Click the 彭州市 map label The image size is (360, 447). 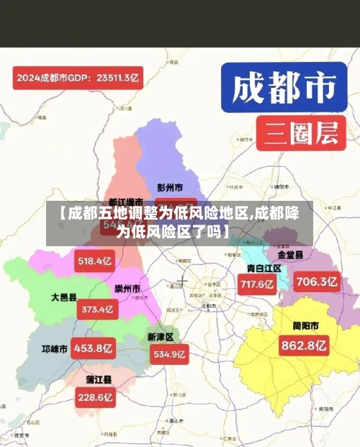[x=170, y=188]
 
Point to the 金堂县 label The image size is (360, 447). [x=290, y=255]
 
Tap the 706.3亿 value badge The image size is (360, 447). [x=318, y=281]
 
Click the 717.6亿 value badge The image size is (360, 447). [x=258, y=284]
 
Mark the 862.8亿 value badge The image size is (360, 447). [x=303, y=346]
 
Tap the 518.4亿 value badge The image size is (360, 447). [x=95, y=261]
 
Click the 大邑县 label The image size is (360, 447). [x=63, y=297]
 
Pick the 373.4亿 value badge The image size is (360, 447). [x=97, y=310]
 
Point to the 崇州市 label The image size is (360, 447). [x=127, y=289]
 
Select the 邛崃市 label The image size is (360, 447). [x=53, y=349]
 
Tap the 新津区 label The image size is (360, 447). [x=161, y=336]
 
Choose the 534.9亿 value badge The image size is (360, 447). [x=170, y=354]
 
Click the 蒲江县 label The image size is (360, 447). [x=98, y=379]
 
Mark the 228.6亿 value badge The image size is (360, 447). [x=96, y=397]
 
